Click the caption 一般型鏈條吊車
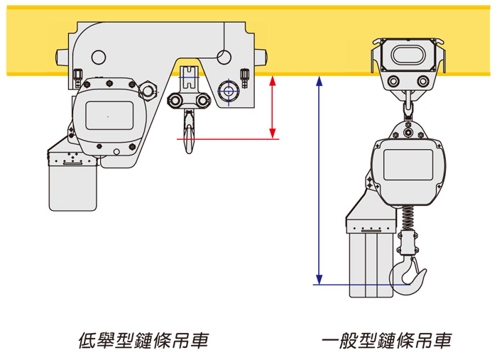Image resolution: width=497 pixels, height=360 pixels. point(386,341)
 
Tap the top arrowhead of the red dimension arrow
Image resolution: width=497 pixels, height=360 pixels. point(273,80)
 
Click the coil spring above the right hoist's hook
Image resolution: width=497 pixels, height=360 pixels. point(407,217)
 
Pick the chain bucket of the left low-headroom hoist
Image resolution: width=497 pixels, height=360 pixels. point(72,181)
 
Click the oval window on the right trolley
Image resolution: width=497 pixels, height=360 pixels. point(408,55)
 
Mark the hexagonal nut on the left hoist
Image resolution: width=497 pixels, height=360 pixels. point(150,90)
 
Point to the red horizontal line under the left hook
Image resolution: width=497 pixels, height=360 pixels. point(227,140)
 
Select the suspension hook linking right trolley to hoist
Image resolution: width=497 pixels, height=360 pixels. point(408,107)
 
